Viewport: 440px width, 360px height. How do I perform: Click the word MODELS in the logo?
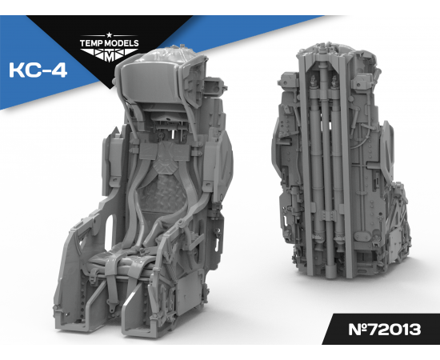pos(122,43)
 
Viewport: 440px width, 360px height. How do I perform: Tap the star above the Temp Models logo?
pos(109,34)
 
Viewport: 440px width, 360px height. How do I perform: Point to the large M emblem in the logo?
pos(110,56)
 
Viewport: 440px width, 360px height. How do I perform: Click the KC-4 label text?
pos(38,70)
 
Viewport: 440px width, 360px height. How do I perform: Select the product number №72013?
pos(385,329)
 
